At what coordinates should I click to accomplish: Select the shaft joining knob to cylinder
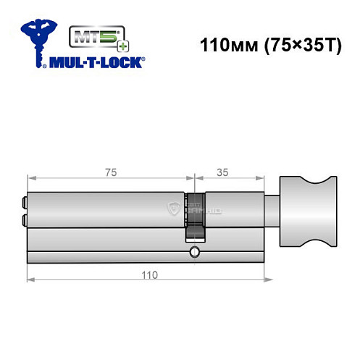tap(272, 210)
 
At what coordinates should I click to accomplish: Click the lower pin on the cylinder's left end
tap(25, 219)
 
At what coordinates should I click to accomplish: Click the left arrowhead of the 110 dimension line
tap(30, 280)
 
